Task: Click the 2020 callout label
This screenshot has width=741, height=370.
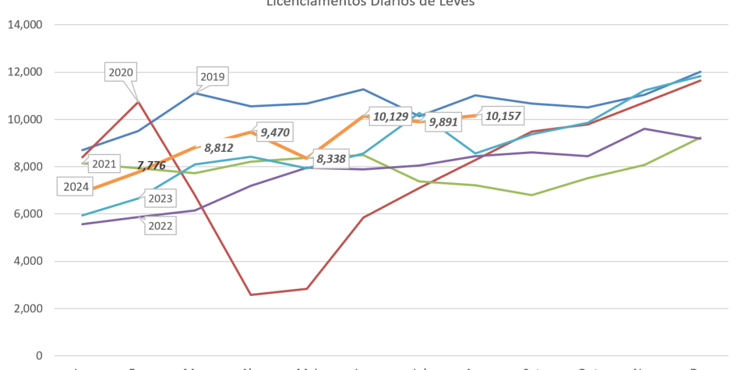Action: tap(121, 73)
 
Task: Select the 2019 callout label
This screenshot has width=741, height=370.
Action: tap(212, 77)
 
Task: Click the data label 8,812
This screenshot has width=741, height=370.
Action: tap(219, 147)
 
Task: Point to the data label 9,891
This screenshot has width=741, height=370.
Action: tap(443, 123)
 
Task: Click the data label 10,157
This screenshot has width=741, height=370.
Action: tap(504, 116)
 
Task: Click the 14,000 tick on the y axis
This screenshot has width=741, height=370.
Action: tap(24, 25)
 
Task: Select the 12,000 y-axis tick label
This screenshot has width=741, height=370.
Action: tap(24, 72)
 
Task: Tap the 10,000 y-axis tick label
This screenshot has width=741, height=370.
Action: tap(24, 119)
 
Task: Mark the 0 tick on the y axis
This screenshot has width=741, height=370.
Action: tap(39, 356)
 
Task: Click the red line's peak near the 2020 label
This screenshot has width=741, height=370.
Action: tap(137, 101)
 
